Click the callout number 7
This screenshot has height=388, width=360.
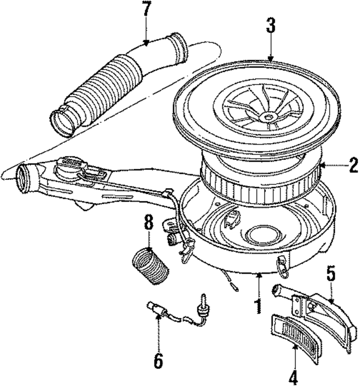[146, 10]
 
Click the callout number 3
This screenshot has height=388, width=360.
[270, 25]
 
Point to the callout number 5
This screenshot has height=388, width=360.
[331, 275]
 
